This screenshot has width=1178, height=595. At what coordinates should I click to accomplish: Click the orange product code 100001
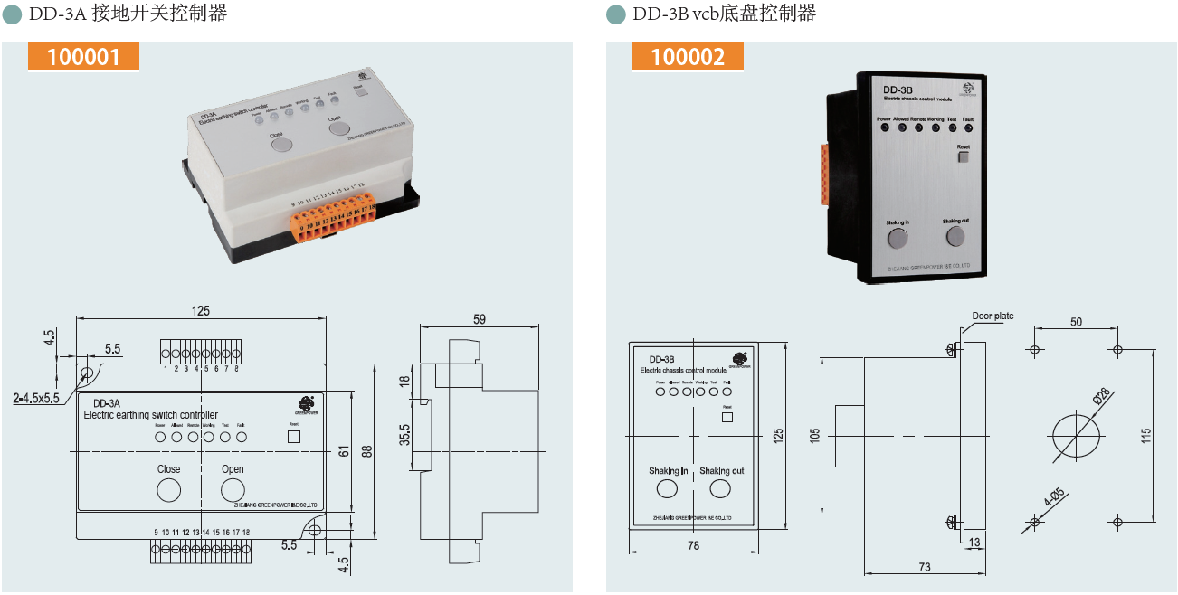[83, 56]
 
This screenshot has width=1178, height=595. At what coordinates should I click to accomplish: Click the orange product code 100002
[688, 56]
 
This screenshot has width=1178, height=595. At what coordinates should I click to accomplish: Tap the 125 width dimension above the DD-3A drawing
[201, 310]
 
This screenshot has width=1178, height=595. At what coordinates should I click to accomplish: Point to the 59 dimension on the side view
[479, 318]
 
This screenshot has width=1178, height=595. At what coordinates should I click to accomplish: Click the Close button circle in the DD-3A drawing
[168, 490]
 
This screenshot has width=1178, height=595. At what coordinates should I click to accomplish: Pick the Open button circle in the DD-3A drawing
[233, 490]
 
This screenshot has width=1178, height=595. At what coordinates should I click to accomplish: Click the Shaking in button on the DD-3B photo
[897, 238]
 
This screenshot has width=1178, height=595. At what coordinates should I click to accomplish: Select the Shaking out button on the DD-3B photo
[955, 237]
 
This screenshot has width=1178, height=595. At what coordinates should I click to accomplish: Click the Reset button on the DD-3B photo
[963, 156]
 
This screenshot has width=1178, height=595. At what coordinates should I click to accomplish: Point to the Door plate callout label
[993, 316]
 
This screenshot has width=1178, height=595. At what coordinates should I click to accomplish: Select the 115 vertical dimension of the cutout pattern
[1146, 435]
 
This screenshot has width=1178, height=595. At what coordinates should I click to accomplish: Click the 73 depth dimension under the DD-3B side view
[925, 567]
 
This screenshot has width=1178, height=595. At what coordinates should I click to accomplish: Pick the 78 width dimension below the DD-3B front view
[693, 545]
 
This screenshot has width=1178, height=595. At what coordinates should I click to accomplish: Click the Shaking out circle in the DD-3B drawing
[720, 489]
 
